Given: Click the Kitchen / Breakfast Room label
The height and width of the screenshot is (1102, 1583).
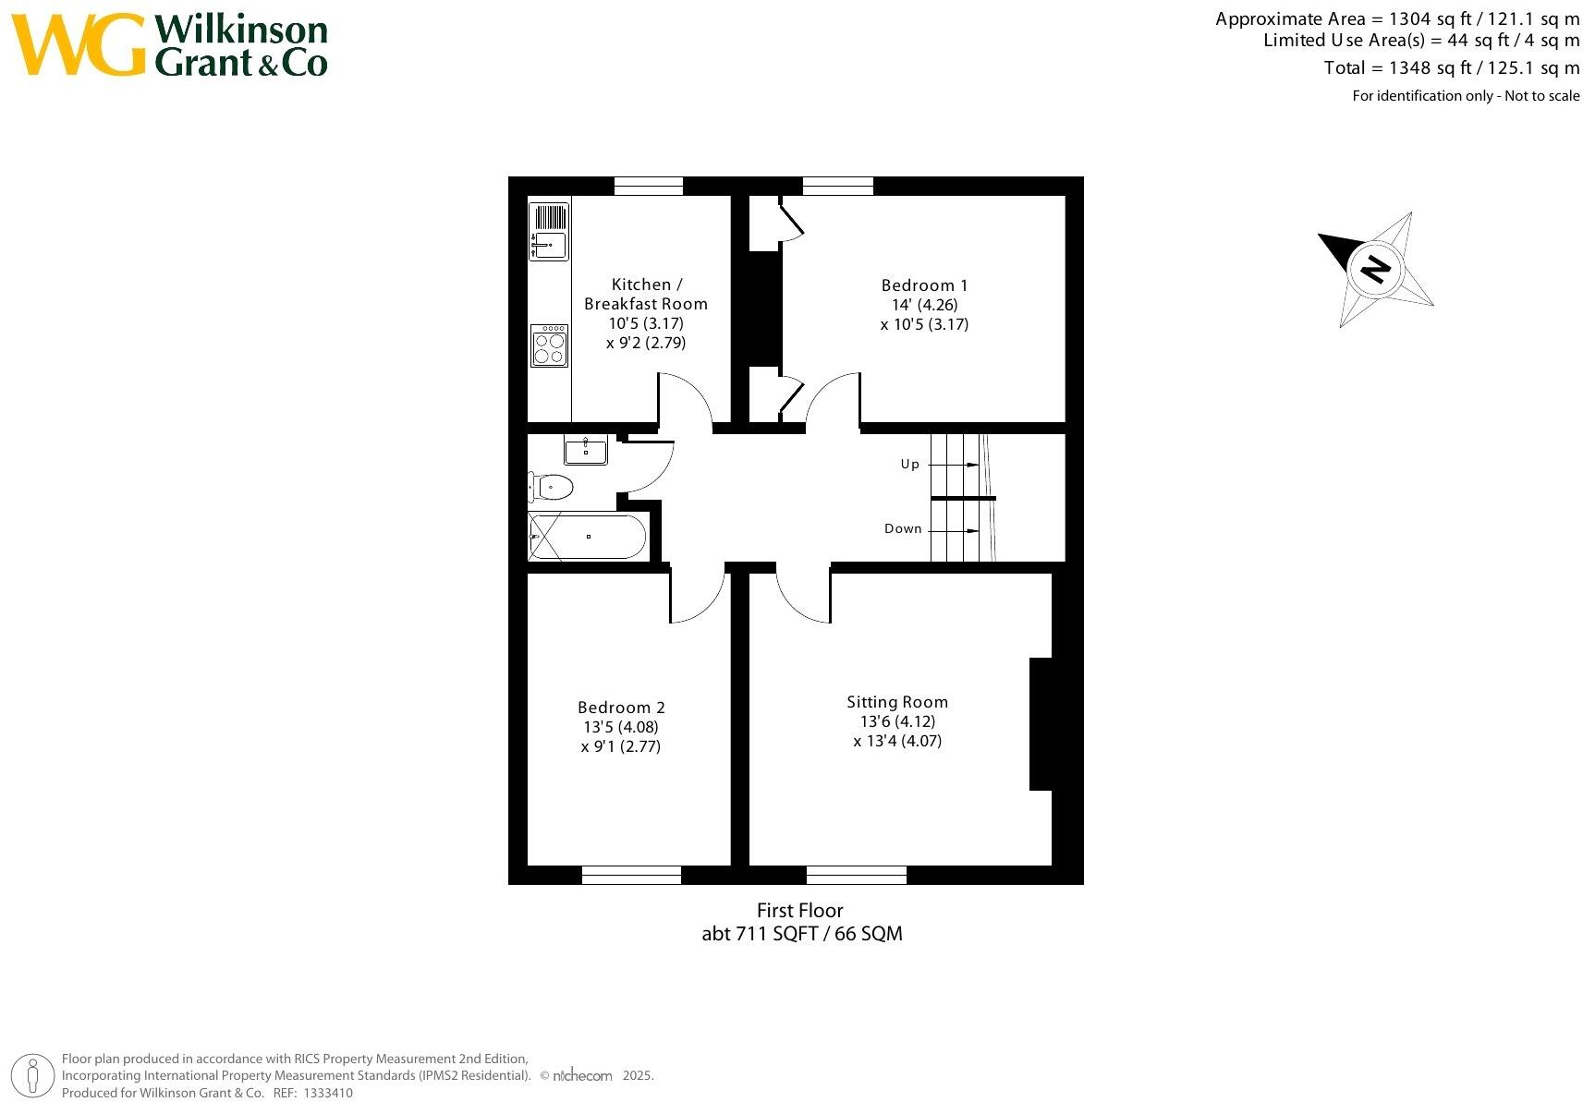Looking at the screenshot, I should [x=645, y=294].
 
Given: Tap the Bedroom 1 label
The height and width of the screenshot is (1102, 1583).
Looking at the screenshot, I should [x=923, y=285].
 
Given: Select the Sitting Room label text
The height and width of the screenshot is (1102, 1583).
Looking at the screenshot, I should [x=897, y=702].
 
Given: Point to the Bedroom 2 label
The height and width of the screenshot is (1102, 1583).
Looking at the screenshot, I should [x=621, y=708].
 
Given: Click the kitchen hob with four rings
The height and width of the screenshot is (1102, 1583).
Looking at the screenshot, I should [x=549, y=345].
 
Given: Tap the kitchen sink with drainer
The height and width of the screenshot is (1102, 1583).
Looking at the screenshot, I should [x=549, y=231].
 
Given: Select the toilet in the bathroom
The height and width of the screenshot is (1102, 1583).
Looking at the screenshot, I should [x=553, y=486].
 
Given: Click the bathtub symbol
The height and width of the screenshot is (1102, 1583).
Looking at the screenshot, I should [x=588, y=537].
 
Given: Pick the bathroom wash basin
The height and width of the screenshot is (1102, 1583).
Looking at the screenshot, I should [x=586, y=451].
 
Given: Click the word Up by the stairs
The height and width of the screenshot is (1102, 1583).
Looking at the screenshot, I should [x=910, y=464].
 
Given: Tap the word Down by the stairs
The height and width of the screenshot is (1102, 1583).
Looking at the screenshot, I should [x=903, y=528].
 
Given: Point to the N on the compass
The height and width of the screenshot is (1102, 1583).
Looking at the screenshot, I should [x=1376, y=269].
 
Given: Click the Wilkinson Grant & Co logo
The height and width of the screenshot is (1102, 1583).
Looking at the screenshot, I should [x=171, y=45].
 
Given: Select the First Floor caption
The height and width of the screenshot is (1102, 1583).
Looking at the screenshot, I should [x=799, y=910].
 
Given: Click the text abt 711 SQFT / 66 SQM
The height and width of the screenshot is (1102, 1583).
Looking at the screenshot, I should [x=801, y=933].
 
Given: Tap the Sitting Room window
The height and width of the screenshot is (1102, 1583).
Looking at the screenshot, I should [x=856, y=874].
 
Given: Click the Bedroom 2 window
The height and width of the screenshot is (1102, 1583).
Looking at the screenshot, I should [x=631, y=874].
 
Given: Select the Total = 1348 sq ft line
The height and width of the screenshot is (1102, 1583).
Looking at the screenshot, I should [x=1451, y=67].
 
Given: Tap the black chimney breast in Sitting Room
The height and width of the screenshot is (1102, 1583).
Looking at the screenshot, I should [x=1041, y=723].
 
